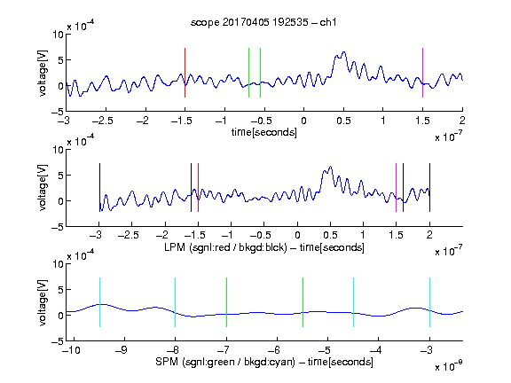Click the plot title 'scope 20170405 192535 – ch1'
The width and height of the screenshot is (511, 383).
(x=263, y=22)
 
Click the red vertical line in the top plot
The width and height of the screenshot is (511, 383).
(x=185, y=73)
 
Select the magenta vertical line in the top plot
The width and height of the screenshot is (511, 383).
(x=422, y=73)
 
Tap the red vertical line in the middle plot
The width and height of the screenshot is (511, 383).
(x=198, y=188)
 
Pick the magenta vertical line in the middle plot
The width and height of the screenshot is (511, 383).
(x=396, y=188)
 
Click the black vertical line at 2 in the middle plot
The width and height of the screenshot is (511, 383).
(x=429, y=188)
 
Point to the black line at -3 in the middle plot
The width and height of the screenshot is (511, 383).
(x=99, y=188)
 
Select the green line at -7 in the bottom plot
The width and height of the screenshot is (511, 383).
(x=226, y=302)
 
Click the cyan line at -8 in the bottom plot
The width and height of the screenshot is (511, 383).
(x=175, y=302)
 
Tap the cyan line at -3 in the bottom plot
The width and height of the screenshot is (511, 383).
(x=429, y=302)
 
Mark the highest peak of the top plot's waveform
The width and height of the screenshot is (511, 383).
(x=343, y=51)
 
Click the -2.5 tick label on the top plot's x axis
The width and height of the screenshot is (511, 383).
(x=103, y=121)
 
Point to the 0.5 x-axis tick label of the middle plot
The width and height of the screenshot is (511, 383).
(x=330, y=235)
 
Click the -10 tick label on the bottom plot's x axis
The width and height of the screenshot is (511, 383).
(x=71, y=350)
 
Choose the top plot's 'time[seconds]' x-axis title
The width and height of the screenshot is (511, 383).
(x=264, y=132)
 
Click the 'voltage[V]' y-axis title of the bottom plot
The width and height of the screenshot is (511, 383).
(x=43, y=302)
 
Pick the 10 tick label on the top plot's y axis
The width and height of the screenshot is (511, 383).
(x=59, y=35)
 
